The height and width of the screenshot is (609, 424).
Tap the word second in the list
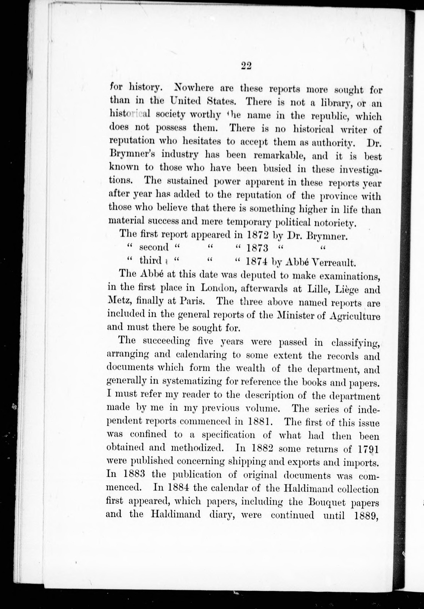coord(154,247)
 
